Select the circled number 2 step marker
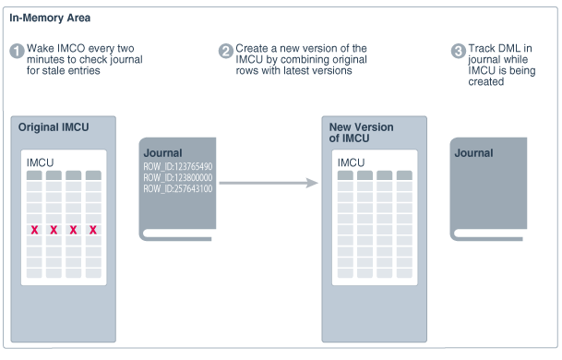tap(225, 51)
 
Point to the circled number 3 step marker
tap(458, 51)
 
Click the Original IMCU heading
tap(54, 127)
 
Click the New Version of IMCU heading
tap(360, 133)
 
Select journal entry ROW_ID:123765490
tap(178, 166)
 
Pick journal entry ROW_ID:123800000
tap(178, 177)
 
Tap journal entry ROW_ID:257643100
tap(178, 188)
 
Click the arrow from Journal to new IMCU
tap(268, 183)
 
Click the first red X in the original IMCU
tap(34, 229)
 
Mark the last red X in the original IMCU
tap(92, 229)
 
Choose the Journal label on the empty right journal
tap(473, 153)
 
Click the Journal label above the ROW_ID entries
tap(162, 153)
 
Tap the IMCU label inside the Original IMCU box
tap(40, 162)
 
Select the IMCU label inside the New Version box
tap(351, 162)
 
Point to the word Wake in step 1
tap(41, 48)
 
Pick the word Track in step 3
tap(482, 48)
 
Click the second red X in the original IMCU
tap(54, 229)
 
